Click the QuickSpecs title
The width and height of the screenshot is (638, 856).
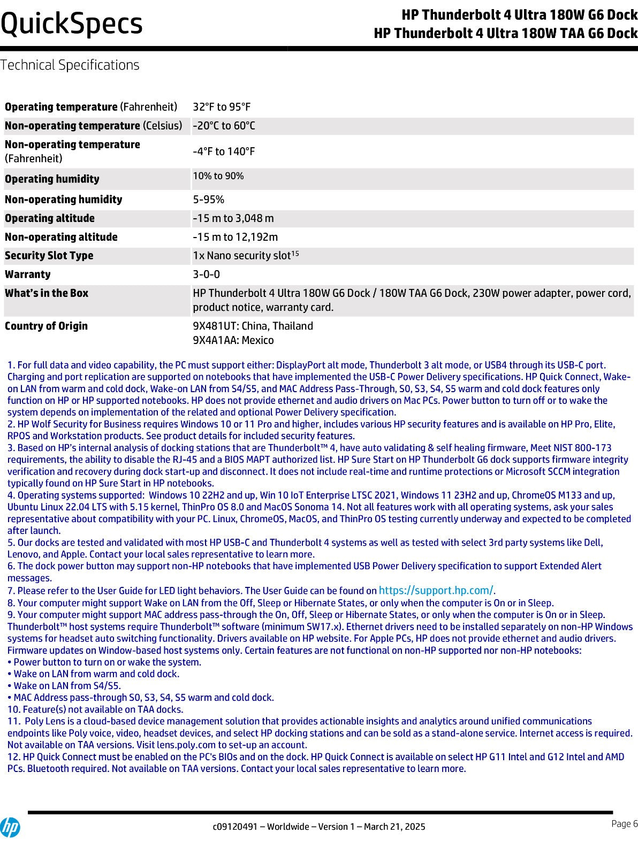pos(72,24)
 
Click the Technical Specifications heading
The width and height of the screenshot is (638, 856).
pos(70,65)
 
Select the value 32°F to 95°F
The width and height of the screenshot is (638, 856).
pos(222,107)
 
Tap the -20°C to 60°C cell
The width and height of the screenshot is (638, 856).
pos(224,126)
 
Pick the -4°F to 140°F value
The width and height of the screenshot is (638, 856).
pos(224,151)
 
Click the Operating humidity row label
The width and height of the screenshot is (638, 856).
pos(52,179)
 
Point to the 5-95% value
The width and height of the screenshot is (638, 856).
pos(208,200)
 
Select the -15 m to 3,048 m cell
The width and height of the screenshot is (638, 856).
pos(233,218)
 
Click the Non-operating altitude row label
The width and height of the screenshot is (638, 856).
pos(61,237)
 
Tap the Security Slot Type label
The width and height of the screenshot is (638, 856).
pos(49,256)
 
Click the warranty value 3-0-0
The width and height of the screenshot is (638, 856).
pos(206,274)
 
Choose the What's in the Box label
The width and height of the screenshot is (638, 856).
pos(47,293)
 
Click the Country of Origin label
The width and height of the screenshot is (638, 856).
pos(46,326)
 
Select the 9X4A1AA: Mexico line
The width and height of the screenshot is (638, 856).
pos(233,340)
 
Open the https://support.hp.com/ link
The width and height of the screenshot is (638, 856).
pos(436,591)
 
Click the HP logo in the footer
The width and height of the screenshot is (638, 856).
pos(10,828)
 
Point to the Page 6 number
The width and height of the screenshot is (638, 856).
pos(624,824)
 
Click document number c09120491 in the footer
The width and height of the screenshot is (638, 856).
pos(235,827)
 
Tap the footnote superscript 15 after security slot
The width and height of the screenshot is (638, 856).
pos(295,254)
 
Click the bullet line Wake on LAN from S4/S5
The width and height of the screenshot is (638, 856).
pos(64,686)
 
